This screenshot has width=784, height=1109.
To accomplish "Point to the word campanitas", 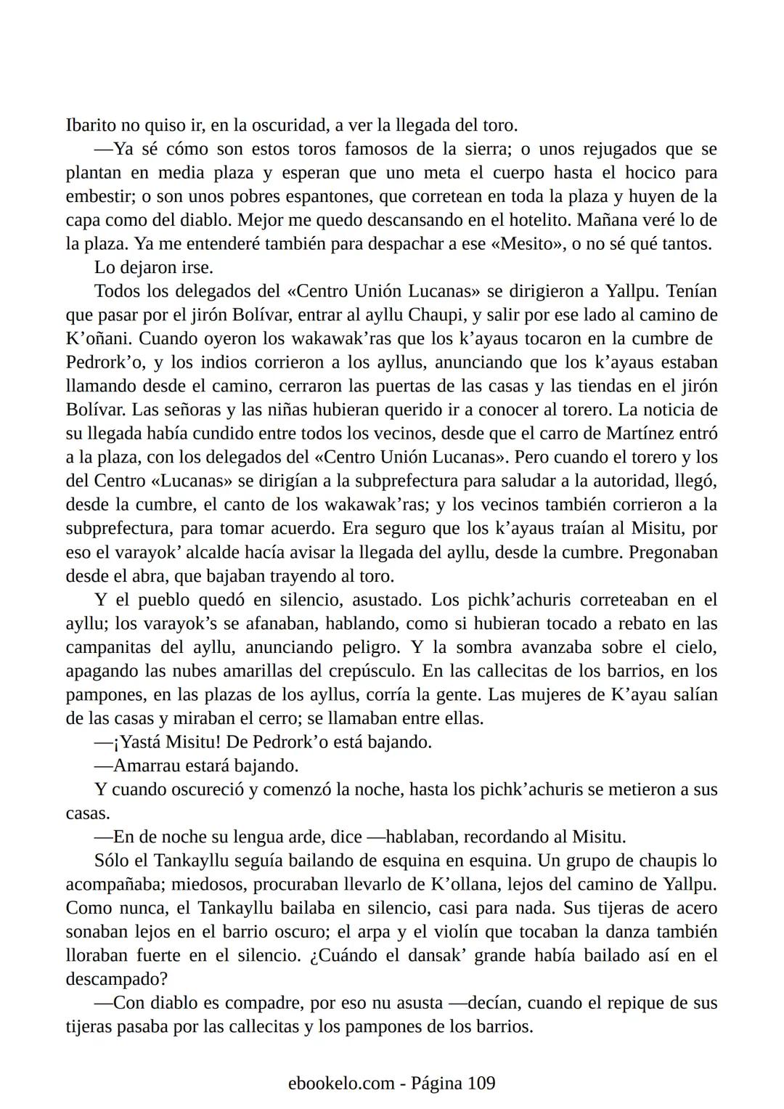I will pos(109,647).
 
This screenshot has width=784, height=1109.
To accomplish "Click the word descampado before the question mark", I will pos(112,980).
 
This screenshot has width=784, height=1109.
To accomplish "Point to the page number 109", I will pos(481,1084).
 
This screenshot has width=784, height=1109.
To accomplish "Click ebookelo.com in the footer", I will pos(340,1084).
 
